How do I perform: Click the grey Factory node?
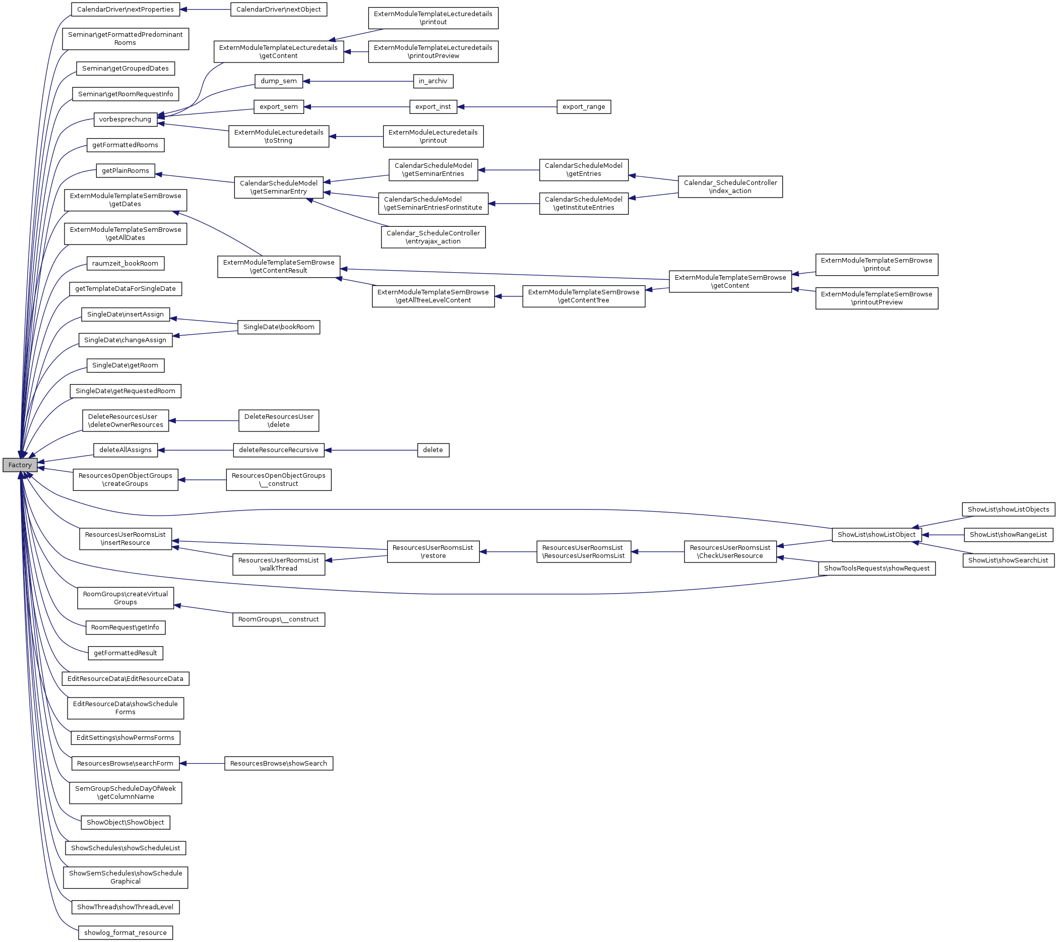[x=20, y=465]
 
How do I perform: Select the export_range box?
[x=583, y=107]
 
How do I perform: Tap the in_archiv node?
[x=432, y=81]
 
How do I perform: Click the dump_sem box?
[x=278, y=81]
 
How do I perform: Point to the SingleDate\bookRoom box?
[x=278, y=327]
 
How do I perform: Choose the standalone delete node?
[x=432, y=450]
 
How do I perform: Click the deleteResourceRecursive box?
[x=278, y=450]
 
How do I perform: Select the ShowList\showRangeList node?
[x=1008, y=535]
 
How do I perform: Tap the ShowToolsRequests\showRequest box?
[x=877, y=569]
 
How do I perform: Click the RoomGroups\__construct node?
[x=278, y=619]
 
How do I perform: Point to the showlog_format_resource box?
[x=126, y=933]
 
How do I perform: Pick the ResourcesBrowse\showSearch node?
[x=278, y=764]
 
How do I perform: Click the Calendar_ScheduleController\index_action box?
[x=730, y=187]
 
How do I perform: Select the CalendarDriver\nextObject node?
[x=278, y=9]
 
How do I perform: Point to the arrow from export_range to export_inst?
[x=507, y=107]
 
